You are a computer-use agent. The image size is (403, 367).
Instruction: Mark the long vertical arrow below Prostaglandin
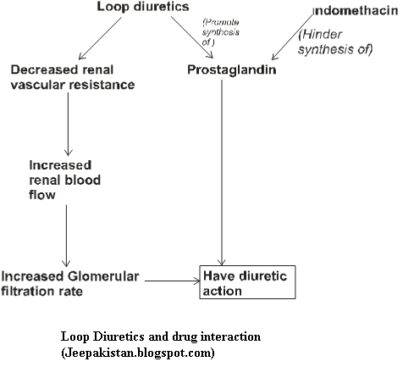click(223, 170)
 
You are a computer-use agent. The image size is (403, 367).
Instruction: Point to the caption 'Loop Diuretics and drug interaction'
click(161, 336)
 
